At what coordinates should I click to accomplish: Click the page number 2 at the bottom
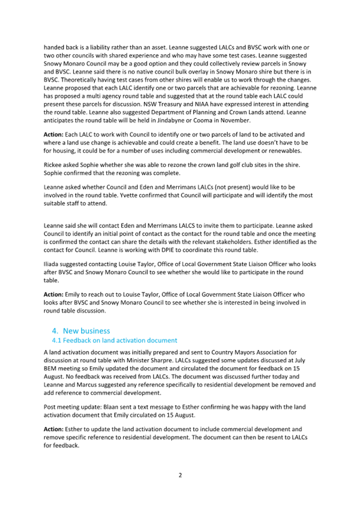(180, 475)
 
